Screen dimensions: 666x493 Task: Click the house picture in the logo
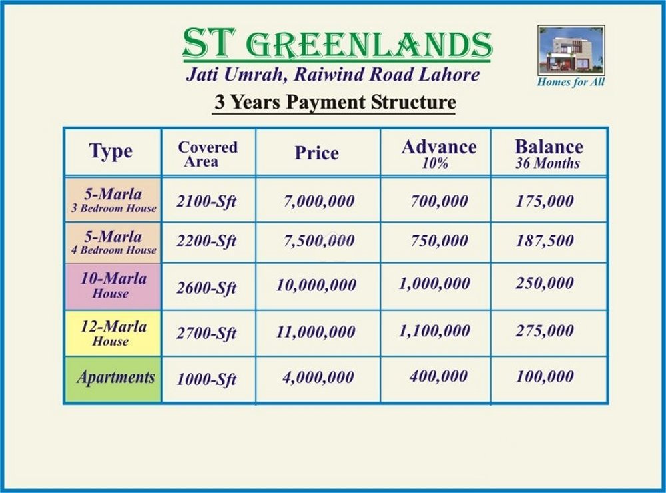point(571,51)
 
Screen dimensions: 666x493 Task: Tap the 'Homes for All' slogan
point(571,81)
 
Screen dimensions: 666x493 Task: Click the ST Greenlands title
point(337,44)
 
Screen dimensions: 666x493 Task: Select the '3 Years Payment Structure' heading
point(335,103)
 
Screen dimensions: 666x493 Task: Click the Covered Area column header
point(208,154)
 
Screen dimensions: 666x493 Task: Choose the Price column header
point(317,153)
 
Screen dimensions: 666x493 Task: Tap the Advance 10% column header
point(439,153)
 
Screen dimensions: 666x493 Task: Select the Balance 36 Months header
point(549,153)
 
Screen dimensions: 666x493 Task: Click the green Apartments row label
point(113,379)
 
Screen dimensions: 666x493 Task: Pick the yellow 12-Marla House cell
point(113,333)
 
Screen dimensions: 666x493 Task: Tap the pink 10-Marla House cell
point(113,286)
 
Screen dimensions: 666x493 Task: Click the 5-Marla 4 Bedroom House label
point(113,243)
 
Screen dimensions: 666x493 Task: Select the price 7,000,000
point(319,201)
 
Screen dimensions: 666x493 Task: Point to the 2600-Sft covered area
point(206,288)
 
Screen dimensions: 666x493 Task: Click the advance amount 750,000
point(439,241)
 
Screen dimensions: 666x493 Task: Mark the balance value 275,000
point(545,331)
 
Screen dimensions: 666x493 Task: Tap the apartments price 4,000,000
point(318,377)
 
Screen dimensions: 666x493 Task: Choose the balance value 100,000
point(545,376)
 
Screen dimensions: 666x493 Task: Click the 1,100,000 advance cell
point(434,331)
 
